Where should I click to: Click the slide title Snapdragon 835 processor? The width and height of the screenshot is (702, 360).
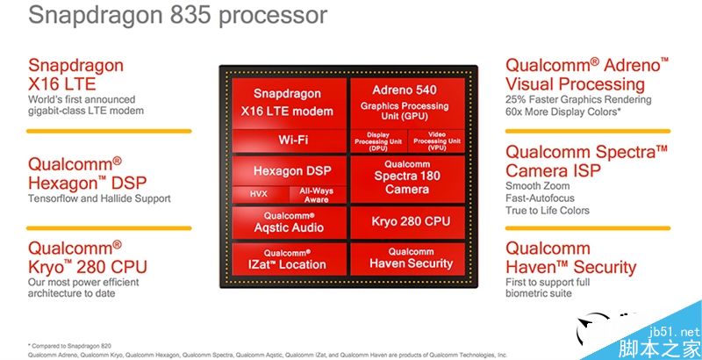[x=166, y=15]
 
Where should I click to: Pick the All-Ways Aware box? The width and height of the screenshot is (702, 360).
[x=317, y=194]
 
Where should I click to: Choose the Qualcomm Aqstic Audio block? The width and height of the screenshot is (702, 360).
[x=288, y=220]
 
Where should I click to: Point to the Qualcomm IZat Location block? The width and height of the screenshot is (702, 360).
[x=288, y=258]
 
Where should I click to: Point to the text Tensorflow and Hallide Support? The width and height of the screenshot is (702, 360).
[x=99, y=198]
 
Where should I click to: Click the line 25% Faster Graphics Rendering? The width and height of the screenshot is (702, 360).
[x=577, y=99]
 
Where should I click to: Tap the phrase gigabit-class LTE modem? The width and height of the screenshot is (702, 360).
[x=86, y=111]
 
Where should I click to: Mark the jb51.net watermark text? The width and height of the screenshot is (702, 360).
[x=677, y=332]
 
